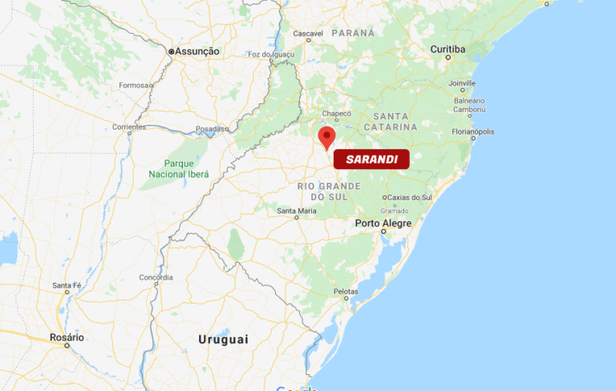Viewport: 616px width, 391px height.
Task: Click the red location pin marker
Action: (x=326, y=136)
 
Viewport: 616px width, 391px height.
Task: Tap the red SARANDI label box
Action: (x=371, y=159)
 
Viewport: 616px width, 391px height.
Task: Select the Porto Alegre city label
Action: (x=383, y=223)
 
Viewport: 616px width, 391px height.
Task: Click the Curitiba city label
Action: (x=448, y=49)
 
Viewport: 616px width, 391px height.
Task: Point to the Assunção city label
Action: (x=197, y=51)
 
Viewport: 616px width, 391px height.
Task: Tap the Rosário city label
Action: (x=67, y=337)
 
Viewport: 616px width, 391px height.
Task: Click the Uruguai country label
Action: (x=223, y=340)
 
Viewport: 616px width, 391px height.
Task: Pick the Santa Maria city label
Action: (x=297, y=211)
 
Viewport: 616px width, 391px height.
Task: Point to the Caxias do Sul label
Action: (x=409, y=197)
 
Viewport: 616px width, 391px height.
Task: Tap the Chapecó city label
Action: (x=337, y=114)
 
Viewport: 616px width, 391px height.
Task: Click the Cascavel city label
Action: (x=308, y=33)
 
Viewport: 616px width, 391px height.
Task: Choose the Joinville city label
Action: (x=462, y=83)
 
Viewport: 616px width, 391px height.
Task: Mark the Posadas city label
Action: (x=213, y=128)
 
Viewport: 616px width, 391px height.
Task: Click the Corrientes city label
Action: (x=129, y=127)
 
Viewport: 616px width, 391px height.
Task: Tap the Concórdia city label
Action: (x=156, y=277)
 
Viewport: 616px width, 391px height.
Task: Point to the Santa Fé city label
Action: (x=67, y=285)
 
